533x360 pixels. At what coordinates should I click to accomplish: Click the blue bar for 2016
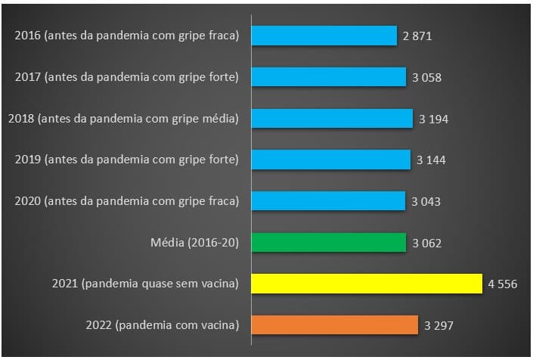[x=324, y=36]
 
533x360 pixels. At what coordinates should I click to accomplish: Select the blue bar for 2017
[x=328, y=77]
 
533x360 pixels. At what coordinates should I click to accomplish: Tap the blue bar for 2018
[x=332, y=118]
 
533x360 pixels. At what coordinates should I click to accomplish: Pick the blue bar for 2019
[x=330, y=160]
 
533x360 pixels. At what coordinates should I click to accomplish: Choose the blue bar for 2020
[x=328, y=201]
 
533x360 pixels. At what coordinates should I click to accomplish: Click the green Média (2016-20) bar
[x=328, y=243]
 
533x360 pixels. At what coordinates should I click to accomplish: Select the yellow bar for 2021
[x=366, y=284]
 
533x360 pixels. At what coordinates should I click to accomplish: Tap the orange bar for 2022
[x=334, y=325]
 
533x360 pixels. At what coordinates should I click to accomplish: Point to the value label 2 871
[x=417, y=36]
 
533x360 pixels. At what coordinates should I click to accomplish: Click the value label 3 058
[x=426, y=78]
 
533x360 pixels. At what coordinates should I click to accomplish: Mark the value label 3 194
[x=433, y=119]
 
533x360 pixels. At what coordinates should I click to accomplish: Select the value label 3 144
[x=431, y=160]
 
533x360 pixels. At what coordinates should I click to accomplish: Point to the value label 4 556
[x=502, y=284]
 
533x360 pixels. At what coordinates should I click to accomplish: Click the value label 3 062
[x=426, y=244]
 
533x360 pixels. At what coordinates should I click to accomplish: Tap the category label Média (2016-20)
[x=195, y=243]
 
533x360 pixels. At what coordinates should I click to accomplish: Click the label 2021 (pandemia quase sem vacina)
[x=146, y=284]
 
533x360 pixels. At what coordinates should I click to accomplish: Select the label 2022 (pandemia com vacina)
[x=163, y=325]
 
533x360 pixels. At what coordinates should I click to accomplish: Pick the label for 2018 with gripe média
[x=123, y=118]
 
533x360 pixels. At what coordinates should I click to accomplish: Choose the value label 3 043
[x=426, y=202]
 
